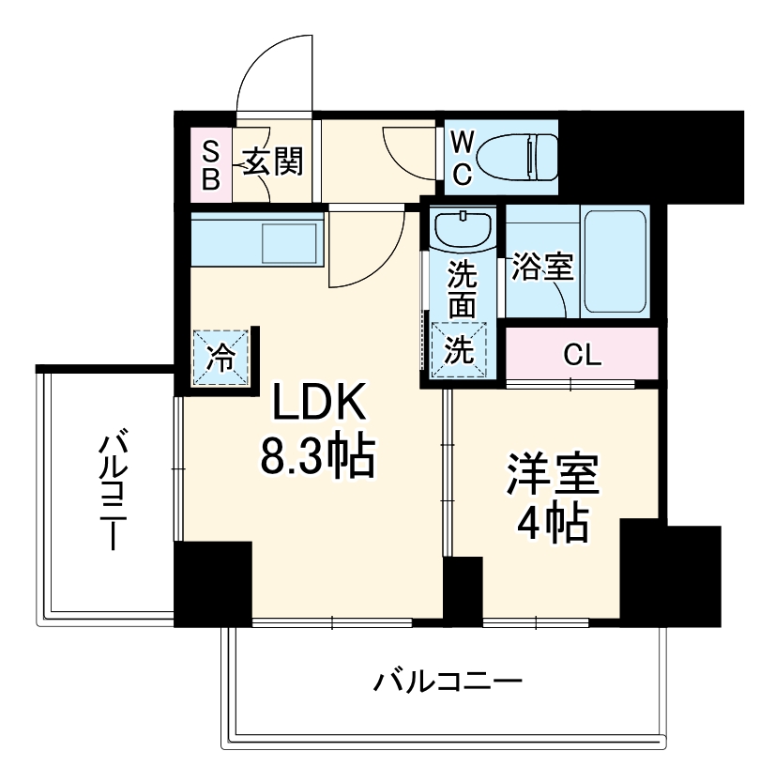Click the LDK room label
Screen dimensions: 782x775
pos(318,406)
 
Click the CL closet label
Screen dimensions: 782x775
pos(583,356)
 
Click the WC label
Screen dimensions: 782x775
pos(463,157)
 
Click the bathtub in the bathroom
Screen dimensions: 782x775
pos(615,262)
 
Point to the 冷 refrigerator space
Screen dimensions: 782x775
pos(221,358)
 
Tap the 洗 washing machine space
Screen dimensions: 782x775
pos(461,349)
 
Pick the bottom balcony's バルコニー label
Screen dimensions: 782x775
pos(447,681)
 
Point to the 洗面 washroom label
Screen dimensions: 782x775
pos(462,289)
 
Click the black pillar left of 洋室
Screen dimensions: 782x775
pos(463,590)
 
